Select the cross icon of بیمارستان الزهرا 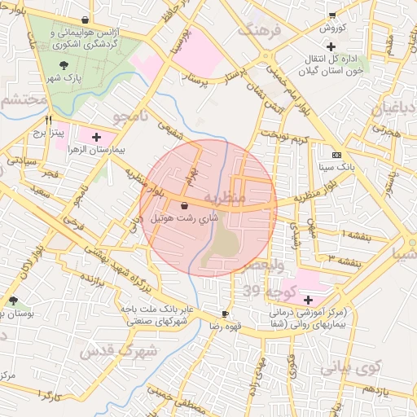[x=98, y=137]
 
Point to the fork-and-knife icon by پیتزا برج [x=49, y=119]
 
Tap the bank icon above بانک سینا [x=336, y=155]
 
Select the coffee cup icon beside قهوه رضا [x=226, y=314]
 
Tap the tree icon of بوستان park [x=14, y=301]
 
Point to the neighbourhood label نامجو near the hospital [x=132, y=116]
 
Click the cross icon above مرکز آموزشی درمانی [x=308, y=300]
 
